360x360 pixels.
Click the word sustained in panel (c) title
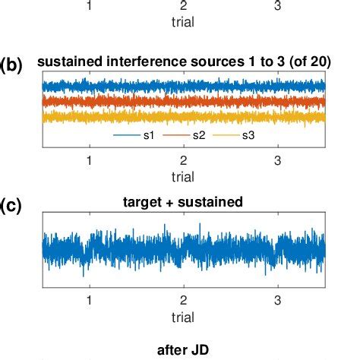point(215,203)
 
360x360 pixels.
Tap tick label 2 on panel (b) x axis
point(183,159)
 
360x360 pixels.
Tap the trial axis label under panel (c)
point(183,314)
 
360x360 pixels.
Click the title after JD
point(183,350)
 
